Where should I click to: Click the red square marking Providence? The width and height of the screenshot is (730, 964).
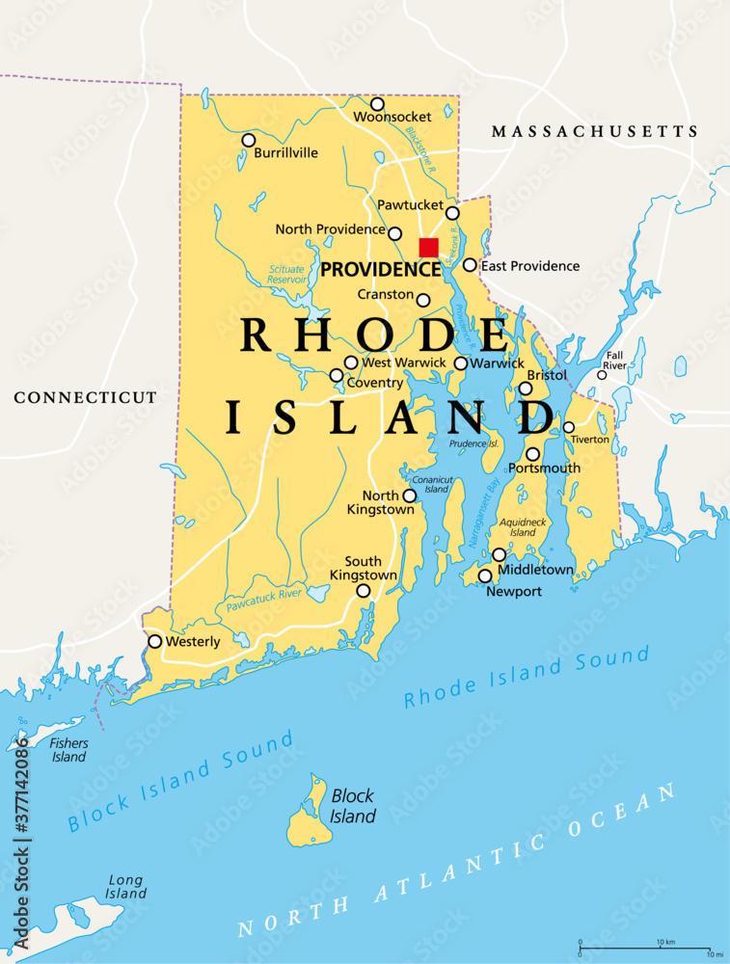pyautogui.click(x=428, y=248)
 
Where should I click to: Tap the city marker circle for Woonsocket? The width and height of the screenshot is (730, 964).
pyautogui.click(x=377, y=104)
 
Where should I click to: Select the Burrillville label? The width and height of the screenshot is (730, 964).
pyautogui.click(x=286, y=152)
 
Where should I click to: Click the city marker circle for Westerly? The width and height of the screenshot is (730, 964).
pyautogui.click(x=154, y=641)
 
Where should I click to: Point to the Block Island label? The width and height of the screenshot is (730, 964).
pyautogui.click(x=353, y=807)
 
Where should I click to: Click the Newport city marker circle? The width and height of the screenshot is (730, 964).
pyautogui.click(x=485, y=576)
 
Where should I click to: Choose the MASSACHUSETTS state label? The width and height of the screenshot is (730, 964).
pyautogui.click(x=594, y=131)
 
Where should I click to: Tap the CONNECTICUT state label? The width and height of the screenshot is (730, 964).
pyautogui.click(x=85, y=397)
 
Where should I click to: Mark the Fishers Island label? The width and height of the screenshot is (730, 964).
pyautogui.click(x=69, y=750)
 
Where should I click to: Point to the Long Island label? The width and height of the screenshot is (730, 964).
pyautogui.click(x=125, y=886)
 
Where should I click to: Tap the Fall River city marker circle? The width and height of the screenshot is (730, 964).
pyautogui.click(x=602, y=374)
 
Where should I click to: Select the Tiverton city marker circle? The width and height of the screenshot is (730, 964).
pyautogui.click(x=569, y=427)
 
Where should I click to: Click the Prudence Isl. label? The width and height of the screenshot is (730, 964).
pyautogui.click(x=473, y=443)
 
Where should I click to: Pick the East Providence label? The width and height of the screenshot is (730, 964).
pyautogui.click(x=530, y=266)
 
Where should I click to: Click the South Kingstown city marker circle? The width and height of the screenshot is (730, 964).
pyautogui.click(x=364, y=591)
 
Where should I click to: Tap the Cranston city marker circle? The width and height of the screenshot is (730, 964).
pyautogui.click(x=423, y=300)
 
